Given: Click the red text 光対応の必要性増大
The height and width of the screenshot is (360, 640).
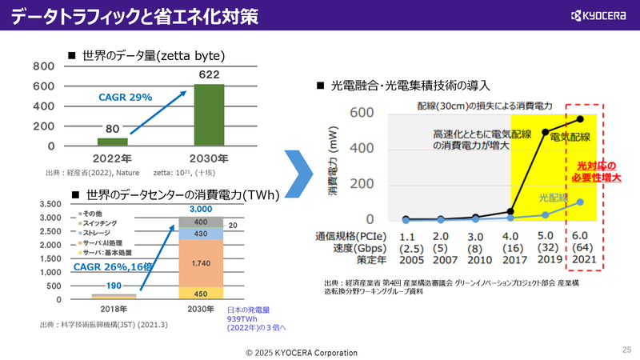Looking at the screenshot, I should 594,171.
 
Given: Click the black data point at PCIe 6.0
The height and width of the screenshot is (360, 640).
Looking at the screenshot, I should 581,119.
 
